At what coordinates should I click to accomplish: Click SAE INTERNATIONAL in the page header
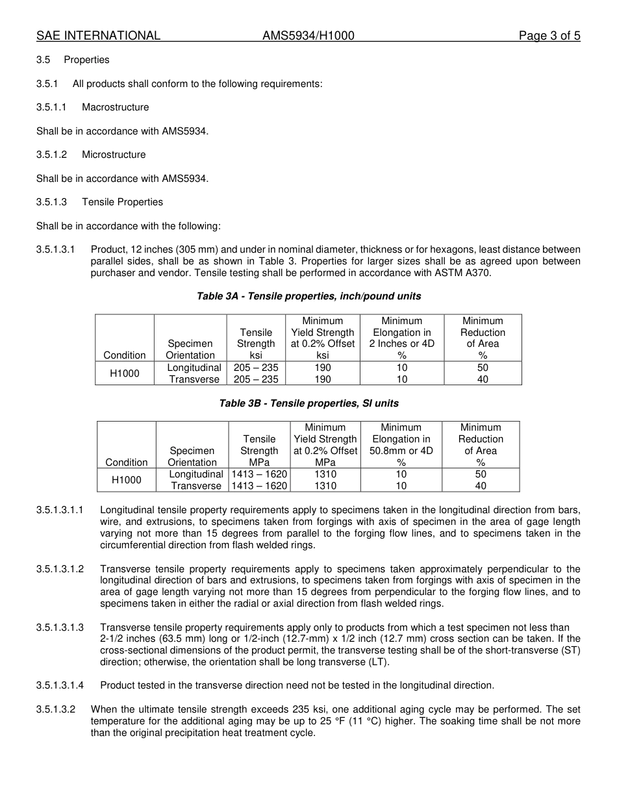[x=98, y=36]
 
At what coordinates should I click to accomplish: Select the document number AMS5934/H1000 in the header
[x=308, y=36]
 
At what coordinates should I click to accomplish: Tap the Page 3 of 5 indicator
[x=549, y=36]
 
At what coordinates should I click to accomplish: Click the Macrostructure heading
[x=115, y=107]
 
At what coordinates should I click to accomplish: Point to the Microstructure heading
[x=114, y=155]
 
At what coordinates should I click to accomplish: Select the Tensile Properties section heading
[x=122, y=202]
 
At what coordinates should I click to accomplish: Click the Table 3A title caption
[x=308, y=296]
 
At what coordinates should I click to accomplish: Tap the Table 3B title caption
[x=308, y=403]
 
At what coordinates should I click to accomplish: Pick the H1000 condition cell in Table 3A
[x=125, y=374]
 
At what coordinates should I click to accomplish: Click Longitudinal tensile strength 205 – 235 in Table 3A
[x=256, y=368]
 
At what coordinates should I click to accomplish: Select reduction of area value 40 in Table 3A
[x=483, y=379]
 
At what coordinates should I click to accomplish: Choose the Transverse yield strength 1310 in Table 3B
[x=325, y=486]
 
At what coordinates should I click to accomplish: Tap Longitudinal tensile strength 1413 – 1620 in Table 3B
[x=259, y=474]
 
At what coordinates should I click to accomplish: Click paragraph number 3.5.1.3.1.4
[x=60, y=685]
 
